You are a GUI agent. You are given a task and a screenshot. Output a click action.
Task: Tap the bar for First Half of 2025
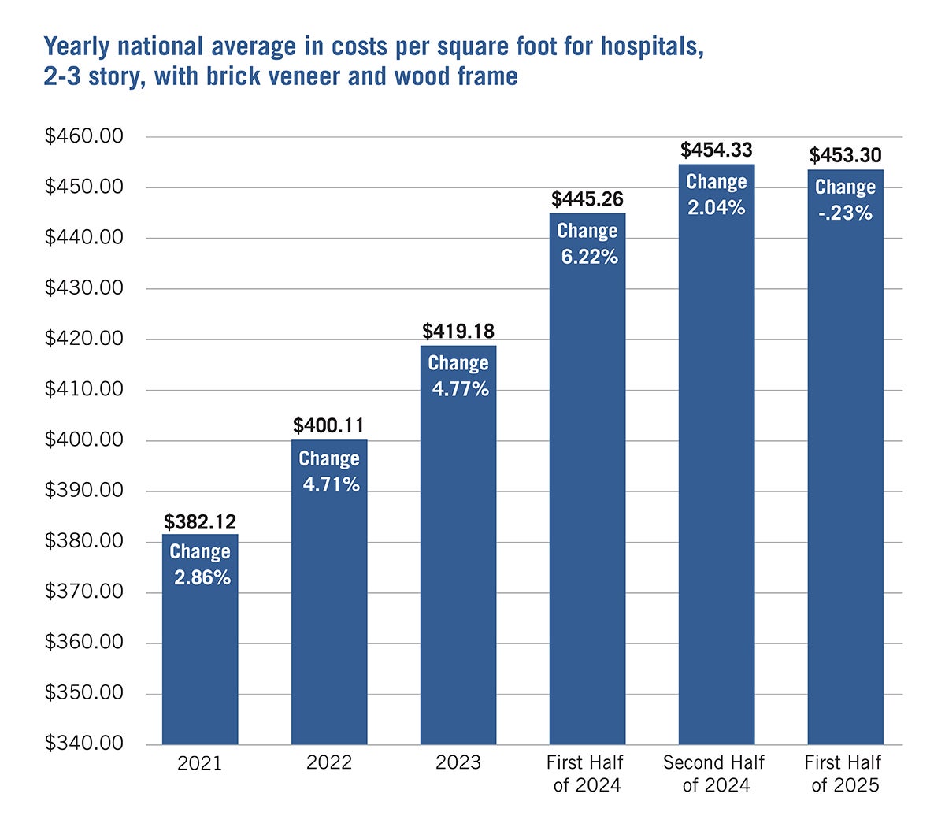(845, 473)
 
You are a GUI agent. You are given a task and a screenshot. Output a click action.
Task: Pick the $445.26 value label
(587, 199)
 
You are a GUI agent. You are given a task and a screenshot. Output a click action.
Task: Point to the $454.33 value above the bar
(717, 150)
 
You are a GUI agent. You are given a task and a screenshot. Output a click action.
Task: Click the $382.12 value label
(200, 521)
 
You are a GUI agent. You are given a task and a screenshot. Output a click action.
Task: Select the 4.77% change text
(460, 388)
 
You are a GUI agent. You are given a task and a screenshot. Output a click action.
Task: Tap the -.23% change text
(845, 213)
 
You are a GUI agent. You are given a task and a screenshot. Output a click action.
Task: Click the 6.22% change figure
(589, 256)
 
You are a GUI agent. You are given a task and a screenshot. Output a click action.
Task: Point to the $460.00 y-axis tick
(84, 136)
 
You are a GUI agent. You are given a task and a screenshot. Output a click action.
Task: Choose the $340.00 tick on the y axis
(84, 744)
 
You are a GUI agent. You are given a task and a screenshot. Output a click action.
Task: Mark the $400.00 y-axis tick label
(84, 439)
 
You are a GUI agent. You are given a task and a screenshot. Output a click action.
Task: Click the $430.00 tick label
(84, 288)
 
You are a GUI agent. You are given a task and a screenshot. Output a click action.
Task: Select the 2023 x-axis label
(458, 762)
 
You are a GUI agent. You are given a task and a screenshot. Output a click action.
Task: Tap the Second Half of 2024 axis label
(713, 773)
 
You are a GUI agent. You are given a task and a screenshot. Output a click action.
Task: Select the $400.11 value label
(329, 426)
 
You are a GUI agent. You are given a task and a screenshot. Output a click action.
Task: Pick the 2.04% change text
(717, 207)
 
